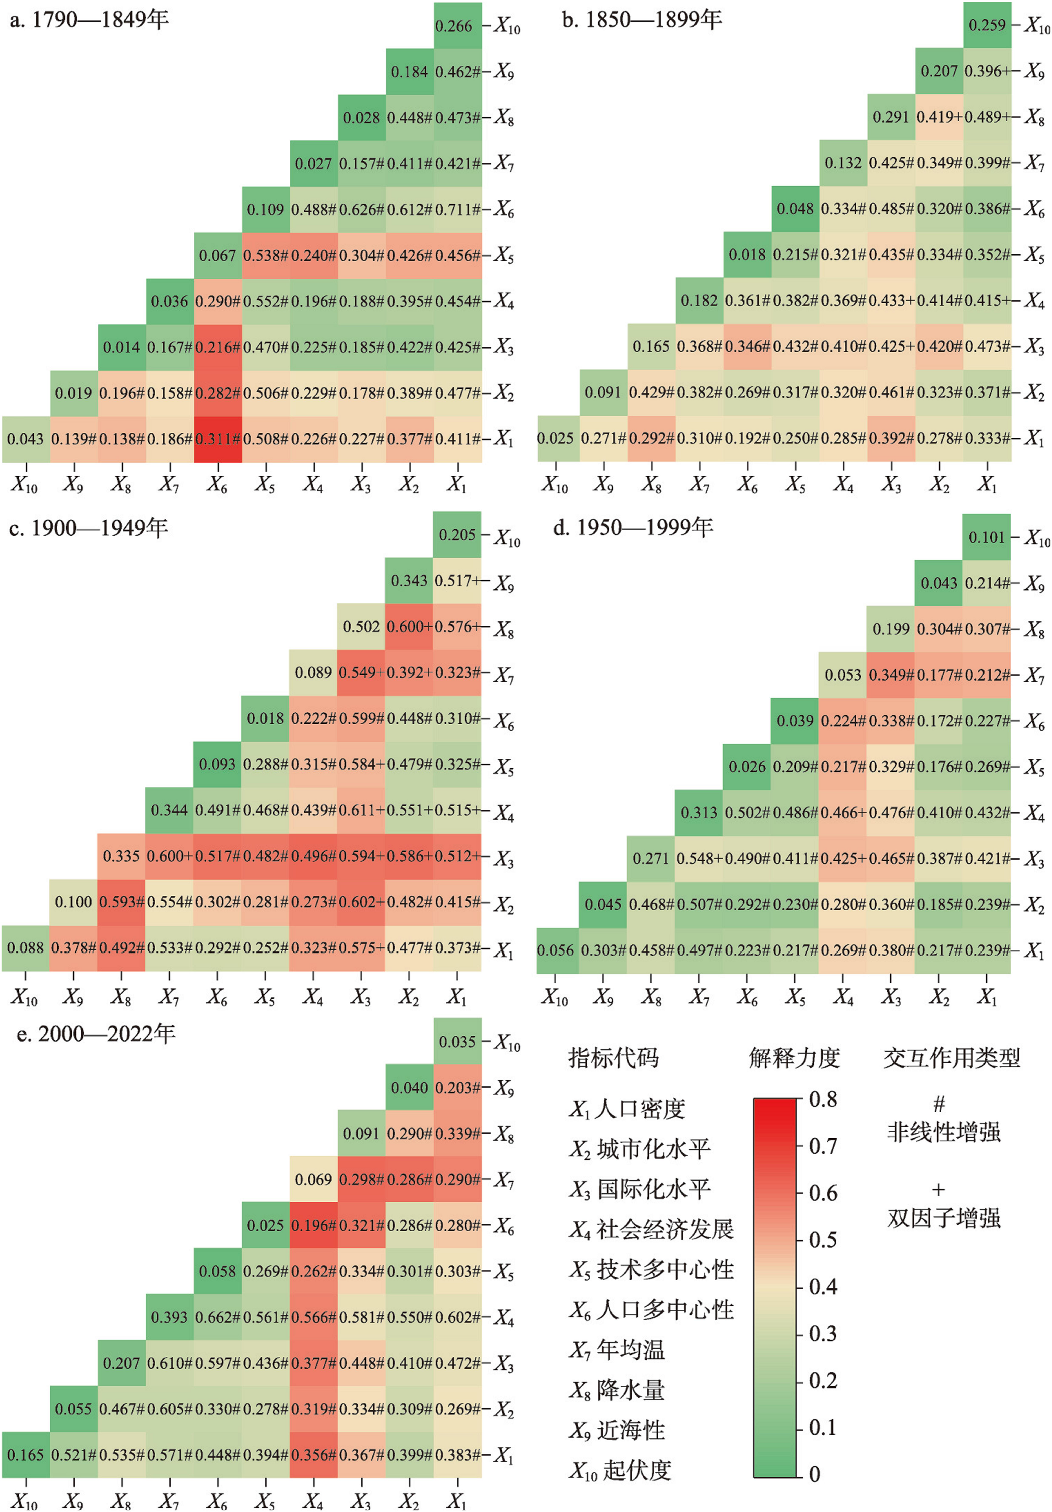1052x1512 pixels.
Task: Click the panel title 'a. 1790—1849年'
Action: (89, 20)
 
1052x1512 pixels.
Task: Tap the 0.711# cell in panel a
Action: (457, 210)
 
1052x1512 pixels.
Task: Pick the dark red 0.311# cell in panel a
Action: (218, 439)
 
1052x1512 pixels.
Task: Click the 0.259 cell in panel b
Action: (987, 25)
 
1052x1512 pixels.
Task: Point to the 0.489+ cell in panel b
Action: (987, 117)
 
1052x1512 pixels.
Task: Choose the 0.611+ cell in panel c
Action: (361, 810)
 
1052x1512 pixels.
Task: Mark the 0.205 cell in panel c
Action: (457, 535)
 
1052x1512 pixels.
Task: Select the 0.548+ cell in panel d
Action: (699, 859)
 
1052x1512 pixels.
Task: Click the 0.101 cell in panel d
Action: (987, 537)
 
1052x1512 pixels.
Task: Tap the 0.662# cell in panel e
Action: (218, 1317)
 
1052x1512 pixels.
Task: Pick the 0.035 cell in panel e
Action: (457, 1042)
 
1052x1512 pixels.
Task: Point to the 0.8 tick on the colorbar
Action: (823, 1099)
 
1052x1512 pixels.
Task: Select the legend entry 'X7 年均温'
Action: (617, 1351)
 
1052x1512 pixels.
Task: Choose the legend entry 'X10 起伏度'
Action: (619, 1470)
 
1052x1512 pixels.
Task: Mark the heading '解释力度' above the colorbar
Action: (794, 1058)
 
